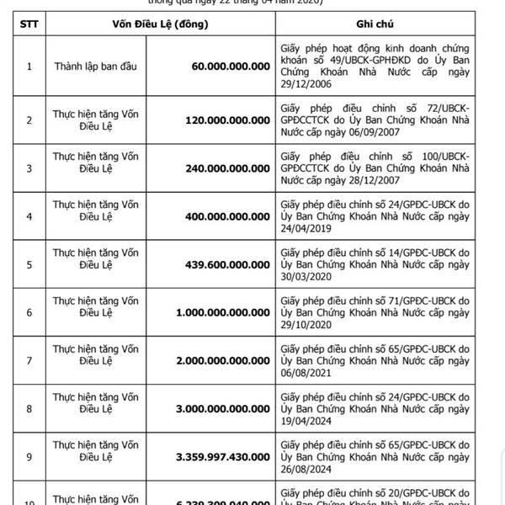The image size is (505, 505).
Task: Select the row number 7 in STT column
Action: point(29,360)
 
